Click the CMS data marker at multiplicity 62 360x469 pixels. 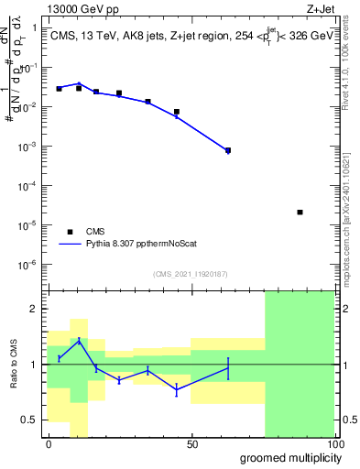click(228, 150)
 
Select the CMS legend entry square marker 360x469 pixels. click(70, 232)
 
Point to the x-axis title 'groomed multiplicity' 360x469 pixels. click(286, 457)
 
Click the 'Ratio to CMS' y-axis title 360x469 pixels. click(13, 365)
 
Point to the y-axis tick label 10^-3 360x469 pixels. click(27, 147)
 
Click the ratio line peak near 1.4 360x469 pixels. click(79, 340)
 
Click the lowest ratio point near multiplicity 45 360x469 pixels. click(177, 389)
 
